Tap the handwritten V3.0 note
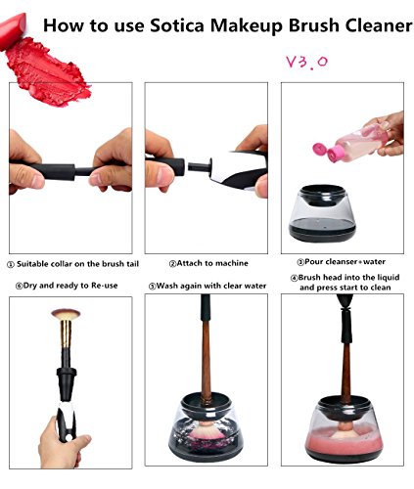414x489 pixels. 306,62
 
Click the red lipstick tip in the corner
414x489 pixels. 12,30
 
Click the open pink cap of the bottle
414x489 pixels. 320,150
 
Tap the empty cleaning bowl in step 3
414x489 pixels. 322,213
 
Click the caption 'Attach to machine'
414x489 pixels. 208,263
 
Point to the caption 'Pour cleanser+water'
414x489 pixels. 341,262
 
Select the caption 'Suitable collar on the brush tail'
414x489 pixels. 73,264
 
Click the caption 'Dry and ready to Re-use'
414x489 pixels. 67,286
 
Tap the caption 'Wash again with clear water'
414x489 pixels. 207,286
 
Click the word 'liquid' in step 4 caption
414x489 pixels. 388,278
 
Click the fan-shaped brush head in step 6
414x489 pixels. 66,314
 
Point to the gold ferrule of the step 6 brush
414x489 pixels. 66,334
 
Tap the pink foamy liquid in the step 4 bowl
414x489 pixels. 344,440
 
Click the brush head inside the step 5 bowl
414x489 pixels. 207,430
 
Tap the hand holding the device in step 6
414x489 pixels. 62,443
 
